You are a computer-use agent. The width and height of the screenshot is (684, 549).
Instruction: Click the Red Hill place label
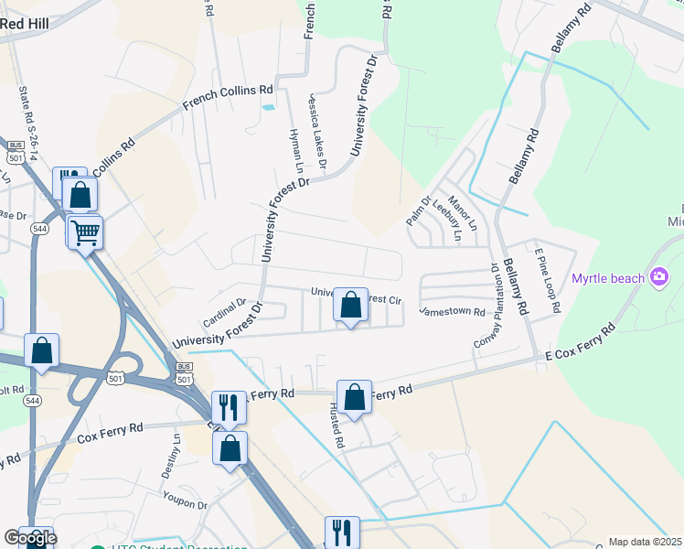26,23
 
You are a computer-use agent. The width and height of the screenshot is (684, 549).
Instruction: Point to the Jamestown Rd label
452,312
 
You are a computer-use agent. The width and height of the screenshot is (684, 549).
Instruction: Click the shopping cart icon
85,232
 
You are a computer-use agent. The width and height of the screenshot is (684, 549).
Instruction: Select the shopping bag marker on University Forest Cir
350,306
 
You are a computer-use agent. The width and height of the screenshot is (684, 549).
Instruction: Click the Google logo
30,538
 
